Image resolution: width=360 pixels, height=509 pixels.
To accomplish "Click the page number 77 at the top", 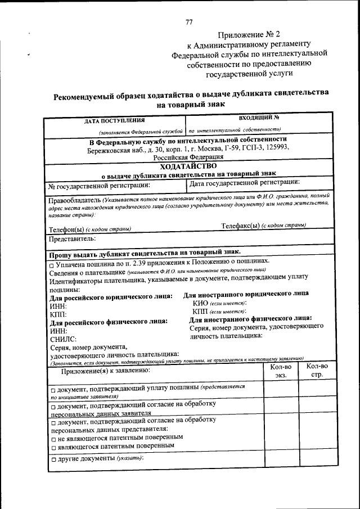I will tap(189, 22).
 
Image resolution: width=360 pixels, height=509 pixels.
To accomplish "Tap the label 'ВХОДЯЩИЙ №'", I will tap(259, 118).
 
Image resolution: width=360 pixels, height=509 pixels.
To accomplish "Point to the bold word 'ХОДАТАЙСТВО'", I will tap(188, 166).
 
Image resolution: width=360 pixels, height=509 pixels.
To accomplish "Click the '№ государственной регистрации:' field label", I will tap(100, 184).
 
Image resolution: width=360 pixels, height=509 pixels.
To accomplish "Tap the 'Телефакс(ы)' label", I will tap(240, 226).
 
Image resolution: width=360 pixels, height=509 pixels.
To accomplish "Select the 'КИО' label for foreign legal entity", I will tap(200, 303).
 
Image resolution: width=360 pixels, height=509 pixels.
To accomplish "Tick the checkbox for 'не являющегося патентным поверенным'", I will tap(52, 437).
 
